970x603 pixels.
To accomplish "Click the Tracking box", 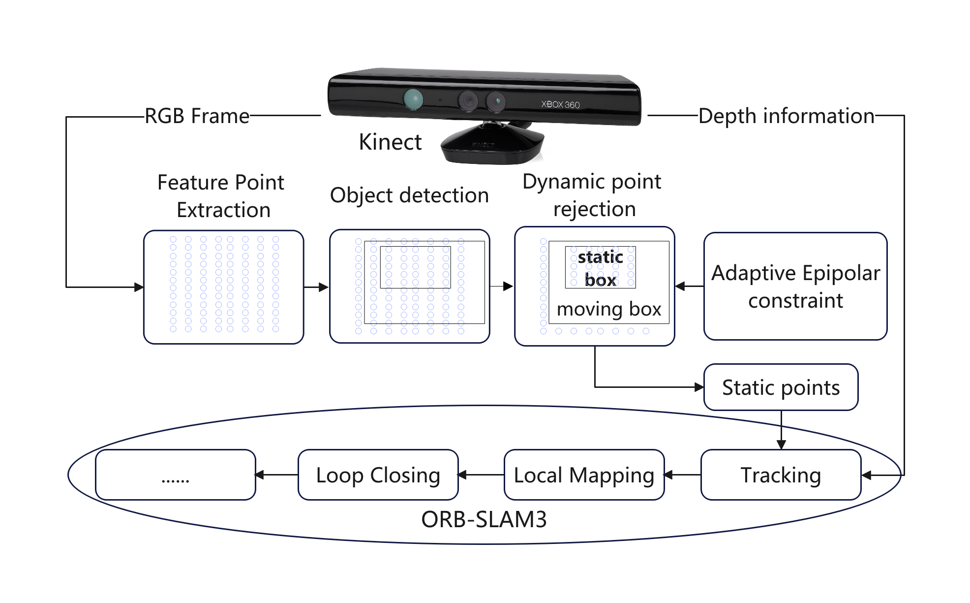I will [781, 475].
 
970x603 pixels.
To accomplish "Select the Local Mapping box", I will [584, 475].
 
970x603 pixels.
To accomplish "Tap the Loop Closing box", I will [378, 475].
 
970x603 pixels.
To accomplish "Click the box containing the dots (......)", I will [176, 475].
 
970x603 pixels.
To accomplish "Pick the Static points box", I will [781, 387].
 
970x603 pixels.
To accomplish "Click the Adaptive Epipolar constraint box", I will [795, 286].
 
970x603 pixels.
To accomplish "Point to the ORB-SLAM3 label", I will [484, 519].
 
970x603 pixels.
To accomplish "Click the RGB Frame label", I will [197, 116].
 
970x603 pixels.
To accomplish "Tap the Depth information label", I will [786, 116].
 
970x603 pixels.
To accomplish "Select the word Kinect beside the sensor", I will [390, 142].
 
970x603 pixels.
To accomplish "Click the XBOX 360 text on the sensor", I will [560, 104].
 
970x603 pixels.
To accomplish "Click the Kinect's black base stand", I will [492, 145].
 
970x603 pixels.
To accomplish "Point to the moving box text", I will [609, 309].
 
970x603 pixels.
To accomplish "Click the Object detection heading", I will [409, 195].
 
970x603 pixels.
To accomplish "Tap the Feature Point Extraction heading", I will [221, 196].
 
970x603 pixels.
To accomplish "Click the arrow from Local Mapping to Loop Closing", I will [481, 475].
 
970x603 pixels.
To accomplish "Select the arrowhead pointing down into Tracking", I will [781, 444].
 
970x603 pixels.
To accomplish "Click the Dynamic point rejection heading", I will [592, 195].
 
